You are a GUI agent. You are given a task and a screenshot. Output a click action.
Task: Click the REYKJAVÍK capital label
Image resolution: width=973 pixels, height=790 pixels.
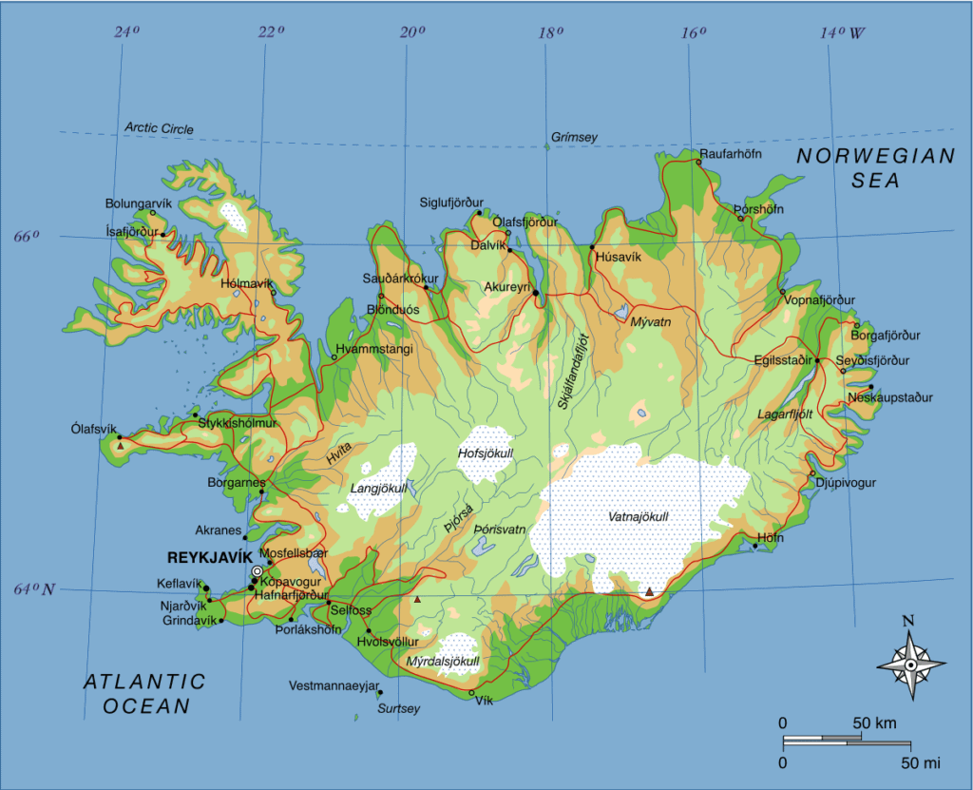click(x=208, y=557)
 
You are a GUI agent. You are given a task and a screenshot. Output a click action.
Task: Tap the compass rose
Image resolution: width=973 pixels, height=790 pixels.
click(x=910, y=665)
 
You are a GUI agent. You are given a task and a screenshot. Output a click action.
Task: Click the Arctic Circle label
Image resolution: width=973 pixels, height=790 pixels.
click(x=159, y=128)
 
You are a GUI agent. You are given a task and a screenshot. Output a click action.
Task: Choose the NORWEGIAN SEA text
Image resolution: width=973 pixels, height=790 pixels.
click(x=875, y=168)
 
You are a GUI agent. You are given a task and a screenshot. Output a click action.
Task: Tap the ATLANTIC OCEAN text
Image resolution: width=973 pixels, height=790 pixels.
click(x=143, y=693)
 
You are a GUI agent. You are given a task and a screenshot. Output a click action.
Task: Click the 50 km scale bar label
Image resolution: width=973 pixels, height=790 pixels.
click(x=874, y=723)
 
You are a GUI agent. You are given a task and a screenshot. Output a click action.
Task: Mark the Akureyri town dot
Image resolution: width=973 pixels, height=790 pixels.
click(x=537, y=293)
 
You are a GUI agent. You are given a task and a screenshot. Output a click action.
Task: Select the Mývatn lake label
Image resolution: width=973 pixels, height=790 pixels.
click(x=651, y=322)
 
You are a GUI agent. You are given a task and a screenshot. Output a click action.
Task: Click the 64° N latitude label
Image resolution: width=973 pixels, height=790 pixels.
click(x=32, y=589)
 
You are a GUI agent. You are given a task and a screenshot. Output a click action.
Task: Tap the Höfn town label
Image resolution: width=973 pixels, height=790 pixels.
click(x=770, y=538)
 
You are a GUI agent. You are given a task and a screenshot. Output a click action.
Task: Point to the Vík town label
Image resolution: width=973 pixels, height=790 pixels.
click(x=486, y=701)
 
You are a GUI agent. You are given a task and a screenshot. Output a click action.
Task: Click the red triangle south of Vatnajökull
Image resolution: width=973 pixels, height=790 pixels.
click(x=649, y=592)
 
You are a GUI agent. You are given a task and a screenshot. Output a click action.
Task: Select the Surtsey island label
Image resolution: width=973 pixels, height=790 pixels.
click(x=397, y=709)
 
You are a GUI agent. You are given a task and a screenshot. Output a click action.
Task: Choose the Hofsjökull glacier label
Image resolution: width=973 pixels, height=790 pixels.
click(x=485, y=453)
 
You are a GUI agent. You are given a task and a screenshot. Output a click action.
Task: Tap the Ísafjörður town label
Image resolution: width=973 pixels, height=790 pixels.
click(x=131, y=230)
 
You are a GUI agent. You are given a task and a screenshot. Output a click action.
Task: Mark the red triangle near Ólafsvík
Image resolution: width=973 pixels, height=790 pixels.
click(x=121, y=445)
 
